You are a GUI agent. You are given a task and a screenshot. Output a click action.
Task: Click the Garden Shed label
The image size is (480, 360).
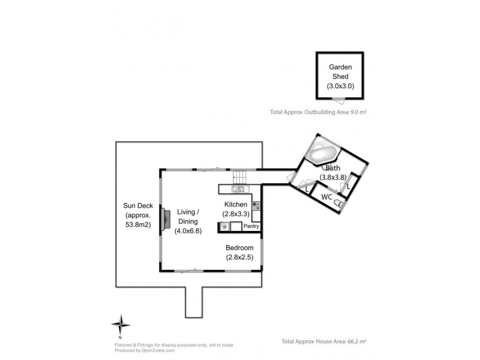click(340, 71)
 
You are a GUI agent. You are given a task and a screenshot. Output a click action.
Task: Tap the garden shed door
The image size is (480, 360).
click(338, 100)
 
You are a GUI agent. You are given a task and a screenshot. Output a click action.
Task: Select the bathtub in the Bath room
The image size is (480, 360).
click(322, 154)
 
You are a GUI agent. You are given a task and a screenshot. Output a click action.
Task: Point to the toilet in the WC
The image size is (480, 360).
click(338, 203)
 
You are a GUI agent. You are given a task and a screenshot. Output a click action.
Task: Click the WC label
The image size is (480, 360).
click(326, 197)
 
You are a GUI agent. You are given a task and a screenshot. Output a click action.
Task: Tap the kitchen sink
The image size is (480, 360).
click(241, 189)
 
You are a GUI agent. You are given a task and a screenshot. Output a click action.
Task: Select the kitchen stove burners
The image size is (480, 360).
click(256, 206)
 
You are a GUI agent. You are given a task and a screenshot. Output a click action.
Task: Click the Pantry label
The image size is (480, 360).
click(251, 226)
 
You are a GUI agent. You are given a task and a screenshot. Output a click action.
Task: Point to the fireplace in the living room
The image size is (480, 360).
click(166, 218)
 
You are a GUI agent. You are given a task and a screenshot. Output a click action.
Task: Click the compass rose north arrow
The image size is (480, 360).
click(121, 325)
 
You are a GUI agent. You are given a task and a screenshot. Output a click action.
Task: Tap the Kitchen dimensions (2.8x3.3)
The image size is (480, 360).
click(236, 214)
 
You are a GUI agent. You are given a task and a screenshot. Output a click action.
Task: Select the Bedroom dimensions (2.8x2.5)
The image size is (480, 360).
click(239, 257)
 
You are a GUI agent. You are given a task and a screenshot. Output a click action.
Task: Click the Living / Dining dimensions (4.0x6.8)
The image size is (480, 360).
click(188, 231)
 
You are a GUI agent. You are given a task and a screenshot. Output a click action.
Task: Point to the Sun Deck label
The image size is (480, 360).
click(138, 206)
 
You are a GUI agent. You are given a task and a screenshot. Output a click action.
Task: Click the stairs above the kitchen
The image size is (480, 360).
click(239, 177)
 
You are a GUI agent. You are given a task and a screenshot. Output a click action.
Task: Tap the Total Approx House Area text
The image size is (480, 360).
click(324, 341)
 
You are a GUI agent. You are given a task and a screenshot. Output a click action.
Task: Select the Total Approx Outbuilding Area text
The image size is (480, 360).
click(318, 112)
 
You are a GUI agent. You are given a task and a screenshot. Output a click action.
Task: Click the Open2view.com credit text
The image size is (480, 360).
click(145, 350)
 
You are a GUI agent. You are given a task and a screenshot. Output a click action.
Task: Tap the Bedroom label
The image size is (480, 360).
click(239, 248)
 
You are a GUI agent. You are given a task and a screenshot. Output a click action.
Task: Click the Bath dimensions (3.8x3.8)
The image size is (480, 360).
click(333, 177)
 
